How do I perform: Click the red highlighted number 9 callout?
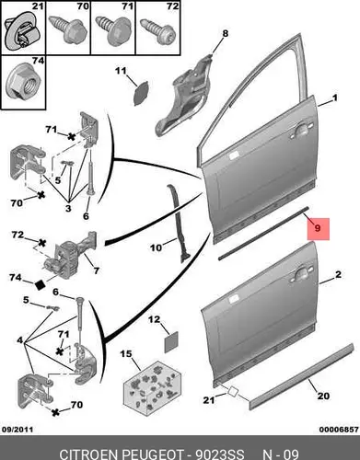coord(319,229)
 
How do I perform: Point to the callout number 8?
coord(226,33)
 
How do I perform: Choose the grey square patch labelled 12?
coord(172,342)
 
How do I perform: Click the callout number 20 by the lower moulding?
coord(323,396)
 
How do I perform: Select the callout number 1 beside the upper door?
coord(335,98)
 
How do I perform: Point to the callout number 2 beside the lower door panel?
coord(338,274)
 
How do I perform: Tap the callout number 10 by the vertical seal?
coord(156,247)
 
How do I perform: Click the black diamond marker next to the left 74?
coord(41,284)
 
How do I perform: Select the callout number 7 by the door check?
coord(97,270)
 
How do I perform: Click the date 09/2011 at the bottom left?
coord(17,430)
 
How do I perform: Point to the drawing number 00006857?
coord(339,430)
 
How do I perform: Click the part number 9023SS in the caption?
coord(220,454)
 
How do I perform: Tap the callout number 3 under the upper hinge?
coord(68,208)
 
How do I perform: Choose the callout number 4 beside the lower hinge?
coord(20,339)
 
